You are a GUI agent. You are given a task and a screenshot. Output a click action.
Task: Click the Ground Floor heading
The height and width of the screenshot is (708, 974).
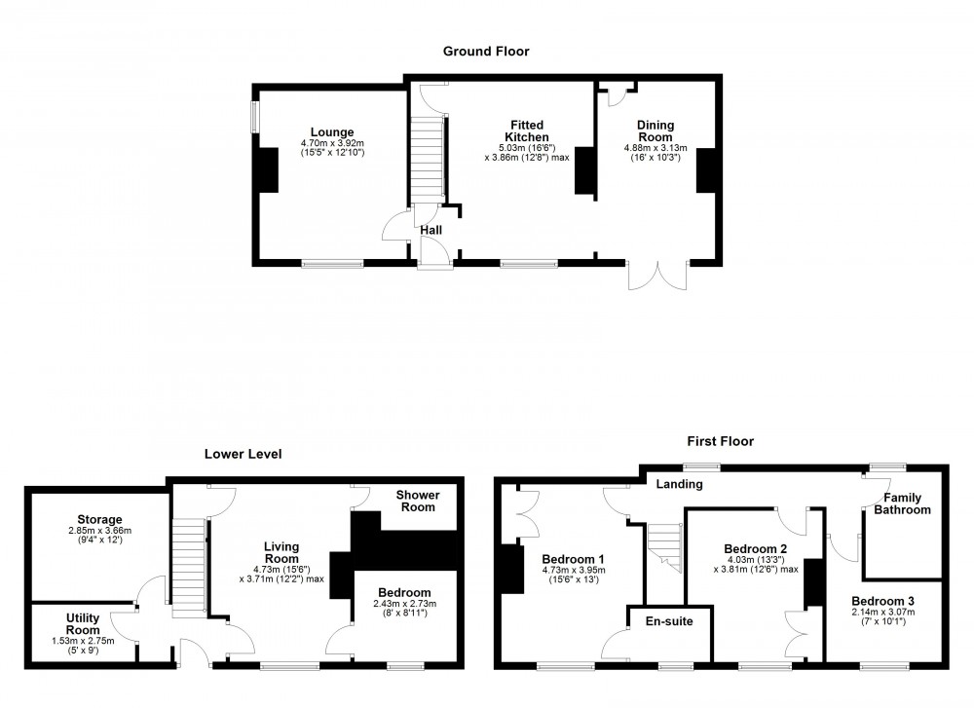486,52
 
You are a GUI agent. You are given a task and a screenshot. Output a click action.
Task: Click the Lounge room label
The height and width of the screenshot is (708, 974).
332,132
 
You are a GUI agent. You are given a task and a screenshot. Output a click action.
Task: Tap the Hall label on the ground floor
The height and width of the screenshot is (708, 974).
431,230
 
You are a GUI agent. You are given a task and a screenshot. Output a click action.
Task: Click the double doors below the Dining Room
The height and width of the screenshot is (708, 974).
659,276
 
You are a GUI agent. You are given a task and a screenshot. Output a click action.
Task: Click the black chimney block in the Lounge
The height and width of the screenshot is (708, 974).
265,172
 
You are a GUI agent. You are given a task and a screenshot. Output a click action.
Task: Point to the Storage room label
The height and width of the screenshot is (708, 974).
94,519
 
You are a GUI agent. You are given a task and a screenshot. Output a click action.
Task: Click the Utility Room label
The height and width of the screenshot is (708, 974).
83,624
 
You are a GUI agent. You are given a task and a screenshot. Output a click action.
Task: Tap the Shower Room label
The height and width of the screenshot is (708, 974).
417,501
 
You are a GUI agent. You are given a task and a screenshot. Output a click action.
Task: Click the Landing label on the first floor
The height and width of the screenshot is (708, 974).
680,483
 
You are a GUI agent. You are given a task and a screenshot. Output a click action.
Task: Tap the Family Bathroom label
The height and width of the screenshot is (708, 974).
902,503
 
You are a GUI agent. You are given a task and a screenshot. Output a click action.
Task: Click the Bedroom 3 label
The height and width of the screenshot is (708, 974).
882,601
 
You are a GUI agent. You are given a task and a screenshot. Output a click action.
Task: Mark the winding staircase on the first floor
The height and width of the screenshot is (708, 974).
665,545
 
